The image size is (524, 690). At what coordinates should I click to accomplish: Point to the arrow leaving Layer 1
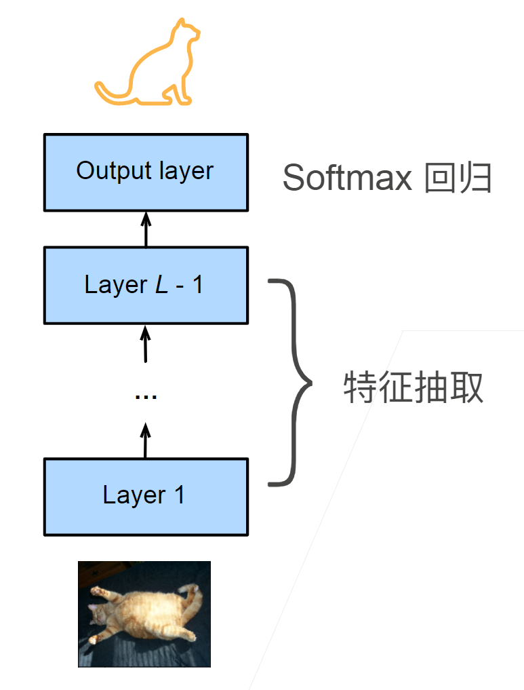click(x=145, y=440)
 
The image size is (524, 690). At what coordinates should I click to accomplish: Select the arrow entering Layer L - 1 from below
click(x=145, y=343)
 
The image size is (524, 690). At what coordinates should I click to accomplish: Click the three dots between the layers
click(x=146, y=395)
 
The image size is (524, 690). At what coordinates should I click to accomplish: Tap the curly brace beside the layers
click(x=293, y=383)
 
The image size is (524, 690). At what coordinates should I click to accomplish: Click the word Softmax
click(x=346, y=178)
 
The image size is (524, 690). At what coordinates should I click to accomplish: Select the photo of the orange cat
click(x=144, y=614)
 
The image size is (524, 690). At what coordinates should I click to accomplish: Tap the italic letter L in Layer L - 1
click(x=161, y=285)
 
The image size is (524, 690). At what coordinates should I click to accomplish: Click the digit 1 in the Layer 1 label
click(x=179, y=495)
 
